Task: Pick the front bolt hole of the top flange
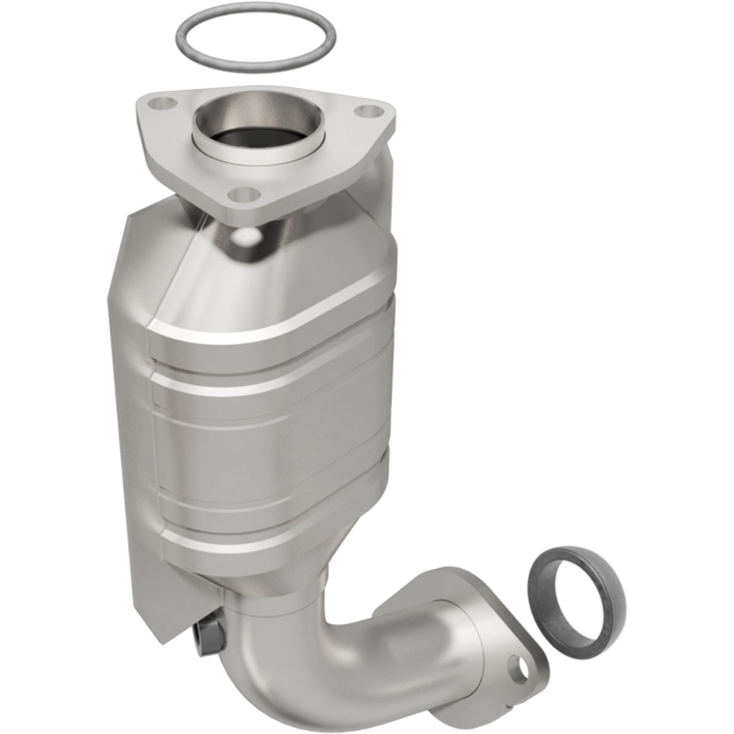coord(244,195)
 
